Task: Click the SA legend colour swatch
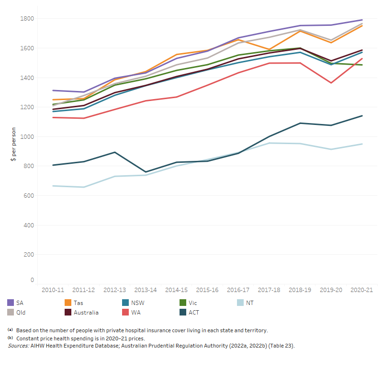[x=11, y=303]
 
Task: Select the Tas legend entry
[x=78, y=303]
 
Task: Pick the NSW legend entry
[x=134, y=303]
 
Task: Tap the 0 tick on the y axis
[x=32, y=280]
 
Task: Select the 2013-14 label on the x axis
[x=146, y=290]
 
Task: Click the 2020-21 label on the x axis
[x=362, y=290]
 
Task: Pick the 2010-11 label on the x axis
[x=53, y=290]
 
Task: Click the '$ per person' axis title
[x=14, y=144]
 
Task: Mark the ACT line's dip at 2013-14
[x=146, y=172]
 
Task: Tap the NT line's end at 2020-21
[x=362, y=144]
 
